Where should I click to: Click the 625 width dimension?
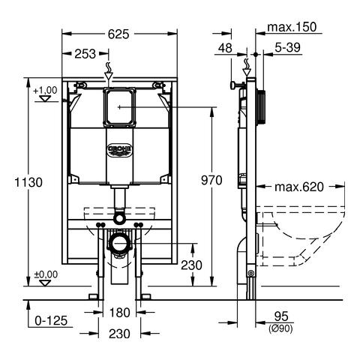coord(118,34)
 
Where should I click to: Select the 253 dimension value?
coord(85,54)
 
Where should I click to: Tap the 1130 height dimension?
coord(28,182)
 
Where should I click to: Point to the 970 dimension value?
coord(211,180)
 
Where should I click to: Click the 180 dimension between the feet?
coord(119,313)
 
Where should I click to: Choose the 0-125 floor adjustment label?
coord(51,321)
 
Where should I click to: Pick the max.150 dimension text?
coord(292,27)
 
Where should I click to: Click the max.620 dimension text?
coord(299,187)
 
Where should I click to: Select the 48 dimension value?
coord(225,48)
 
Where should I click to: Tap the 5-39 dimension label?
coord(287,47)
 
